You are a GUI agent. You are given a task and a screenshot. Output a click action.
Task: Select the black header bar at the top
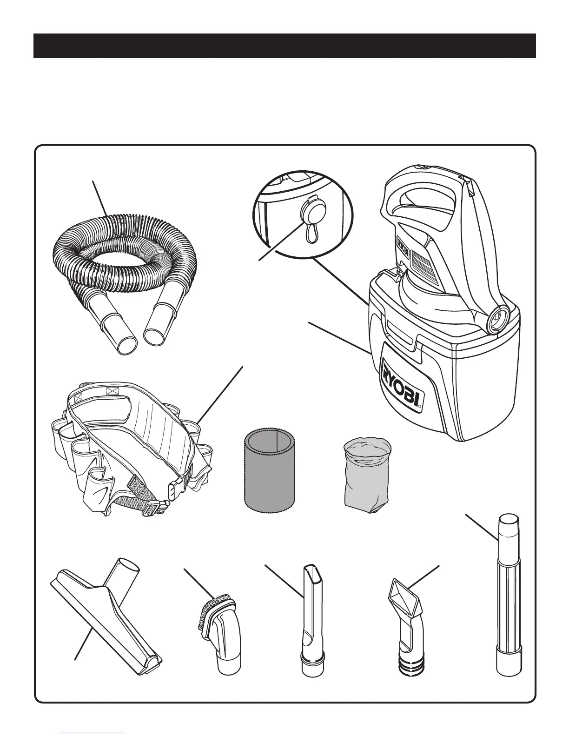pyautogui.click(x=284, y=46)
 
